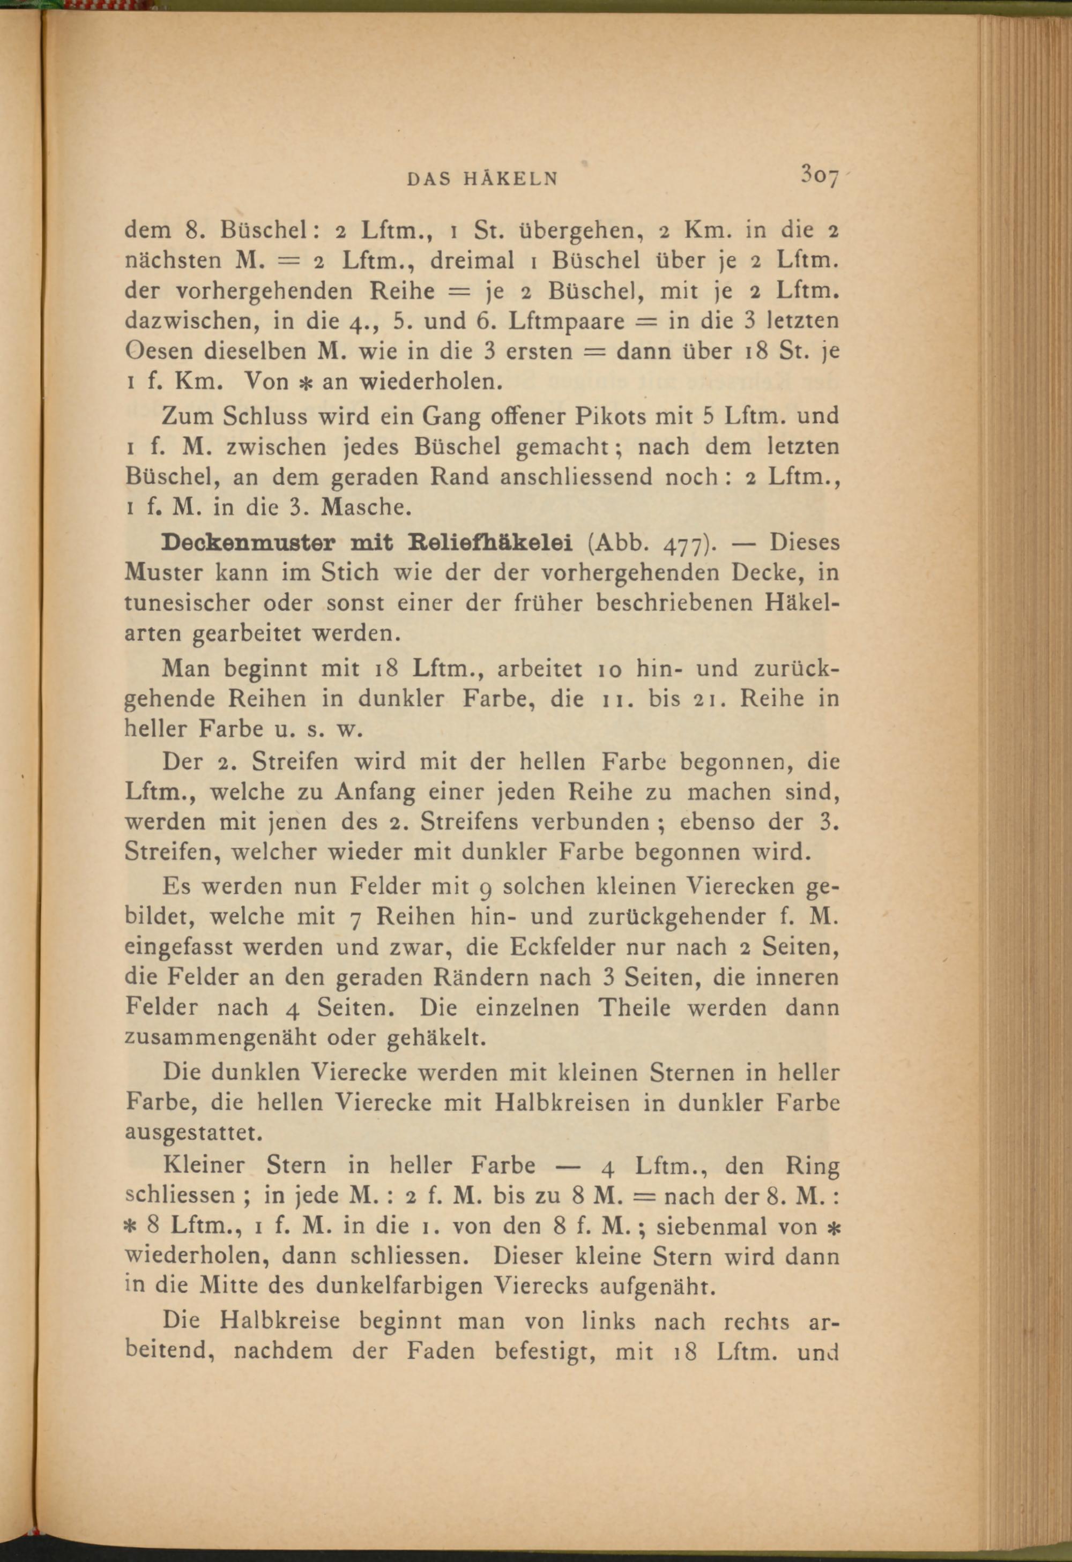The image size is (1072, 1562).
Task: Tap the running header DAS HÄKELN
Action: pos(482,180)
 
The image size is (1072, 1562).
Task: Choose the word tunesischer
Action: pos(184,603)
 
